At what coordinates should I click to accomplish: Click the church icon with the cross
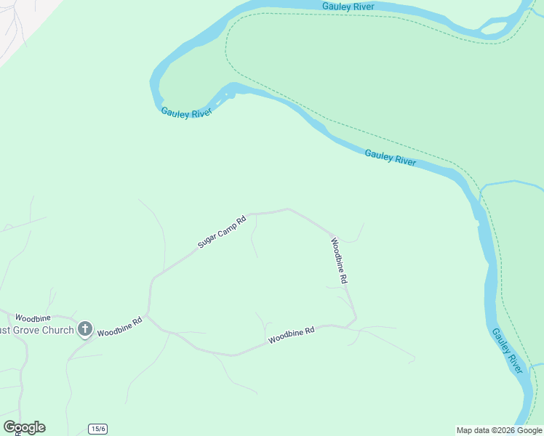coord(84,330)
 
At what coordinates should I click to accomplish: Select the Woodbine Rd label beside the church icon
coord(119,327)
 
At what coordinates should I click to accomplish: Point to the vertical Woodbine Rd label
coord(340,260)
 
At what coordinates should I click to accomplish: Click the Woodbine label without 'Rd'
coord(33,318)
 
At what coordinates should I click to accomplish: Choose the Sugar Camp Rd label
coord(223,232)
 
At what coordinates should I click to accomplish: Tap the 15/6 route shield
coord(98,429)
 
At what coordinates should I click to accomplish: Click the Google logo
coord(24,427)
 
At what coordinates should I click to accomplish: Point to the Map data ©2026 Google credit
coord(500,430)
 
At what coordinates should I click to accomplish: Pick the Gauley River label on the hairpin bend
coord(185,113)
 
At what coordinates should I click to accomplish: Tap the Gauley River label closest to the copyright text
coord(507,351)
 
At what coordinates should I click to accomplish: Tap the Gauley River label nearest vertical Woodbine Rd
coord(391,158)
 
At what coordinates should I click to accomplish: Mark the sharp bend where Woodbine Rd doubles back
coord(356,318)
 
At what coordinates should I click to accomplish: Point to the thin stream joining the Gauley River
coord(513,182)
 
